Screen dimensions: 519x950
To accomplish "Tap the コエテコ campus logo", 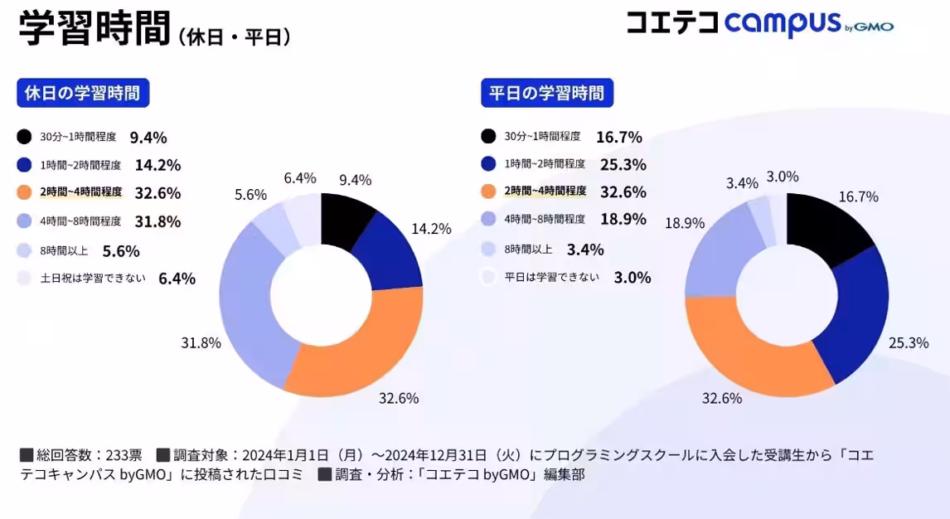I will tap(759, 23).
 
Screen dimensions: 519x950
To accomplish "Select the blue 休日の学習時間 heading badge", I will tap(83, 93).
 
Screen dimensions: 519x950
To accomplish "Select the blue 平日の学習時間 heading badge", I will tap(547, 93).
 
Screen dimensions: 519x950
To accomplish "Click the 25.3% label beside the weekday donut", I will tap(909, 342).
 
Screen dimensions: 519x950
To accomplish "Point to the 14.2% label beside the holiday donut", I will tap(431, 229).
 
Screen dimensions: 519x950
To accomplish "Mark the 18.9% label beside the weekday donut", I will tap(684, 223).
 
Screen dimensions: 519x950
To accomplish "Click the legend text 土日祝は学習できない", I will tap(93, 278).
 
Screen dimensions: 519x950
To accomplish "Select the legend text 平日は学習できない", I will tap(552, 277).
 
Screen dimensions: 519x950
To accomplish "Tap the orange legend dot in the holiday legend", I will tap(25, 192).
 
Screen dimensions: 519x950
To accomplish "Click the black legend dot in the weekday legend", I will tap(489, 136).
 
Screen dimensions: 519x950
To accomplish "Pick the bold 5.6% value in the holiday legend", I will tap(121, 250).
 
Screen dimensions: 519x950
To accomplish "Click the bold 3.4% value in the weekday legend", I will tap(585, 250).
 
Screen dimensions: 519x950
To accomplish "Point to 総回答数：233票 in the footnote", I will tap(80, 455).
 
